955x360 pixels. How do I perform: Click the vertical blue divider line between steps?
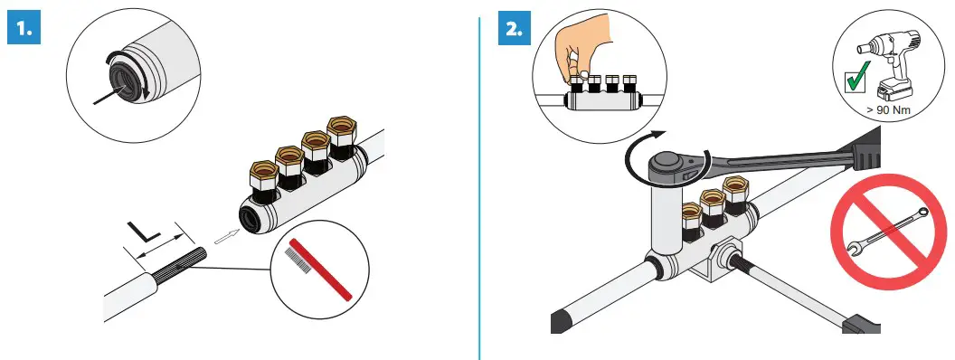click(478, 181)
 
